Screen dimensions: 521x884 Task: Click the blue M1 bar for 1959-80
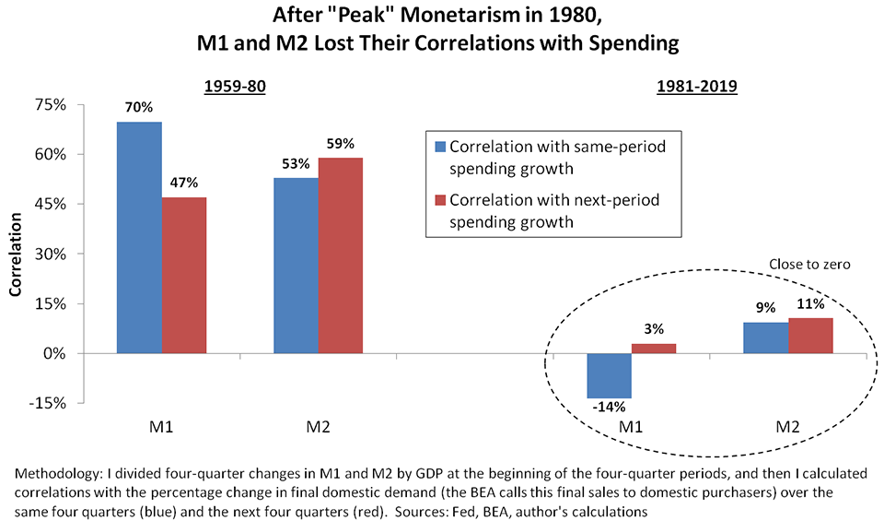coord(140,238)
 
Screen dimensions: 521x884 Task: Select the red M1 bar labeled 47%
coord(184,276)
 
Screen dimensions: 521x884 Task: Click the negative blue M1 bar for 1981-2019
coord(610,375)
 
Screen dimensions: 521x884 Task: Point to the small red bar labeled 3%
coord(653,349)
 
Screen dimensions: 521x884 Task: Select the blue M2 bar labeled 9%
coord(766,337)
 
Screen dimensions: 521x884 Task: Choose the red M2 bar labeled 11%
coord(810,335)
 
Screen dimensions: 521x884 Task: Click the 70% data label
coord(140,108)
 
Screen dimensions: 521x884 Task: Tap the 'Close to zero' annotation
coord(808,265)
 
